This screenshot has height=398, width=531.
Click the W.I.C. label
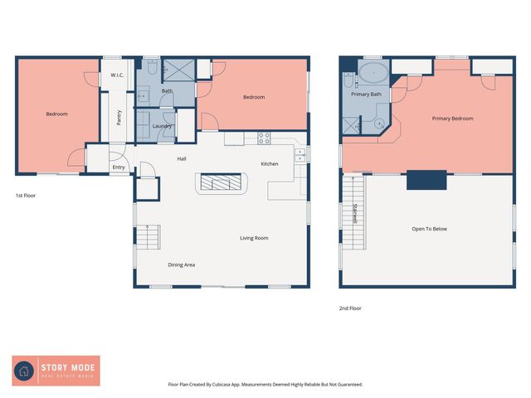coord(117,75)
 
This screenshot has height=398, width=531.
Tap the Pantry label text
coord(119,119)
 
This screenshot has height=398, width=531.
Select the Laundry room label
coord(162,126)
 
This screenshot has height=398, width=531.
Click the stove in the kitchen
coord(265,138)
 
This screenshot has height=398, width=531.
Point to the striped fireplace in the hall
coord(222,183)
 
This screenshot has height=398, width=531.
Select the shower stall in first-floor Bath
coord(178,70)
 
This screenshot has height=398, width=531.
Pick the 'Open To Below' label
coord(430,229)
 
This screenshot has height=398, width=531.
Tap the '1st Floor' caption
coord(25,196)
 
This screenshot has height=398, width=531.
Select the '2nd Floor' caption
coord(350,308)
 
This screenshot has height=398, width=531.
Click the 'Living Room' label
coord(254,238)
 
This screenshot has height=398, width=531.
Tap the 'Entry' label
coord(119,167)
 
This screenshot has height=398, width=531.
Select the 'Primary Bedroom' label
coord(452,119)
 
